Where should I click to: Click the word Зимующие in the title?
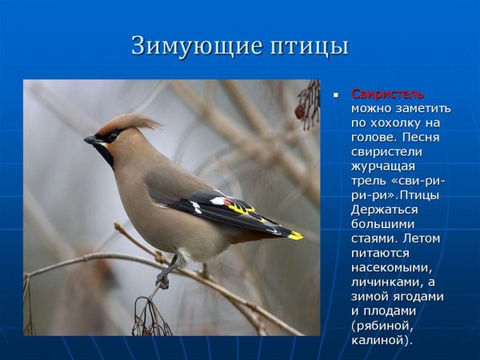click(x=185, y=46)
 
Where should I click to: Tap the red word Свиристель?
click(x=388, y=94)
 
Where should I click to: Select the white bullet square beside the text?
click(x=337, y=94)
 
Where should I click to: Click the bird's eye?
click(x=109, y=137)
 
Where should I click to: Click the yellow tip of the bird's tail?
click(x=294, y=235)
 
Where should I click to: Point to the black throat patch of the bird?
click(x=104, y=153)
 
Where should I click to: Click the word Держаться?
click(x=383, y=209)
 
